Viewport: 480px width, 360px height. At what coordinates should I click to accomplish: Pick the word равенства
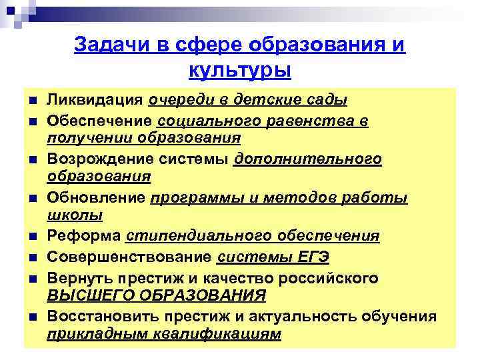tap(309, 122)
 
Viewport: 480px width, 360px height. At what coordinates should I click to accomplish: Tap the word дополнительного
tap(307, 159)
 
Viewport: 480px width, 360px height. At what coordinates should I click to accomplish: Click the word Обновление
tap(95, 198)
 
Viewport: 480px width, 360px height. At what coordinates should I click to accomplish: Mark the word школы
tap(75, 215)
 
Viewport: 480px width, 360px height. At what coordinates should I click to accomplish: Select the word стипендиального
tap(186, 237)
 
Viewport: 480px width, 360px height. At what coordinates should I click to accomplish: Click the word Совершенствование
tap(131, 256)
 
